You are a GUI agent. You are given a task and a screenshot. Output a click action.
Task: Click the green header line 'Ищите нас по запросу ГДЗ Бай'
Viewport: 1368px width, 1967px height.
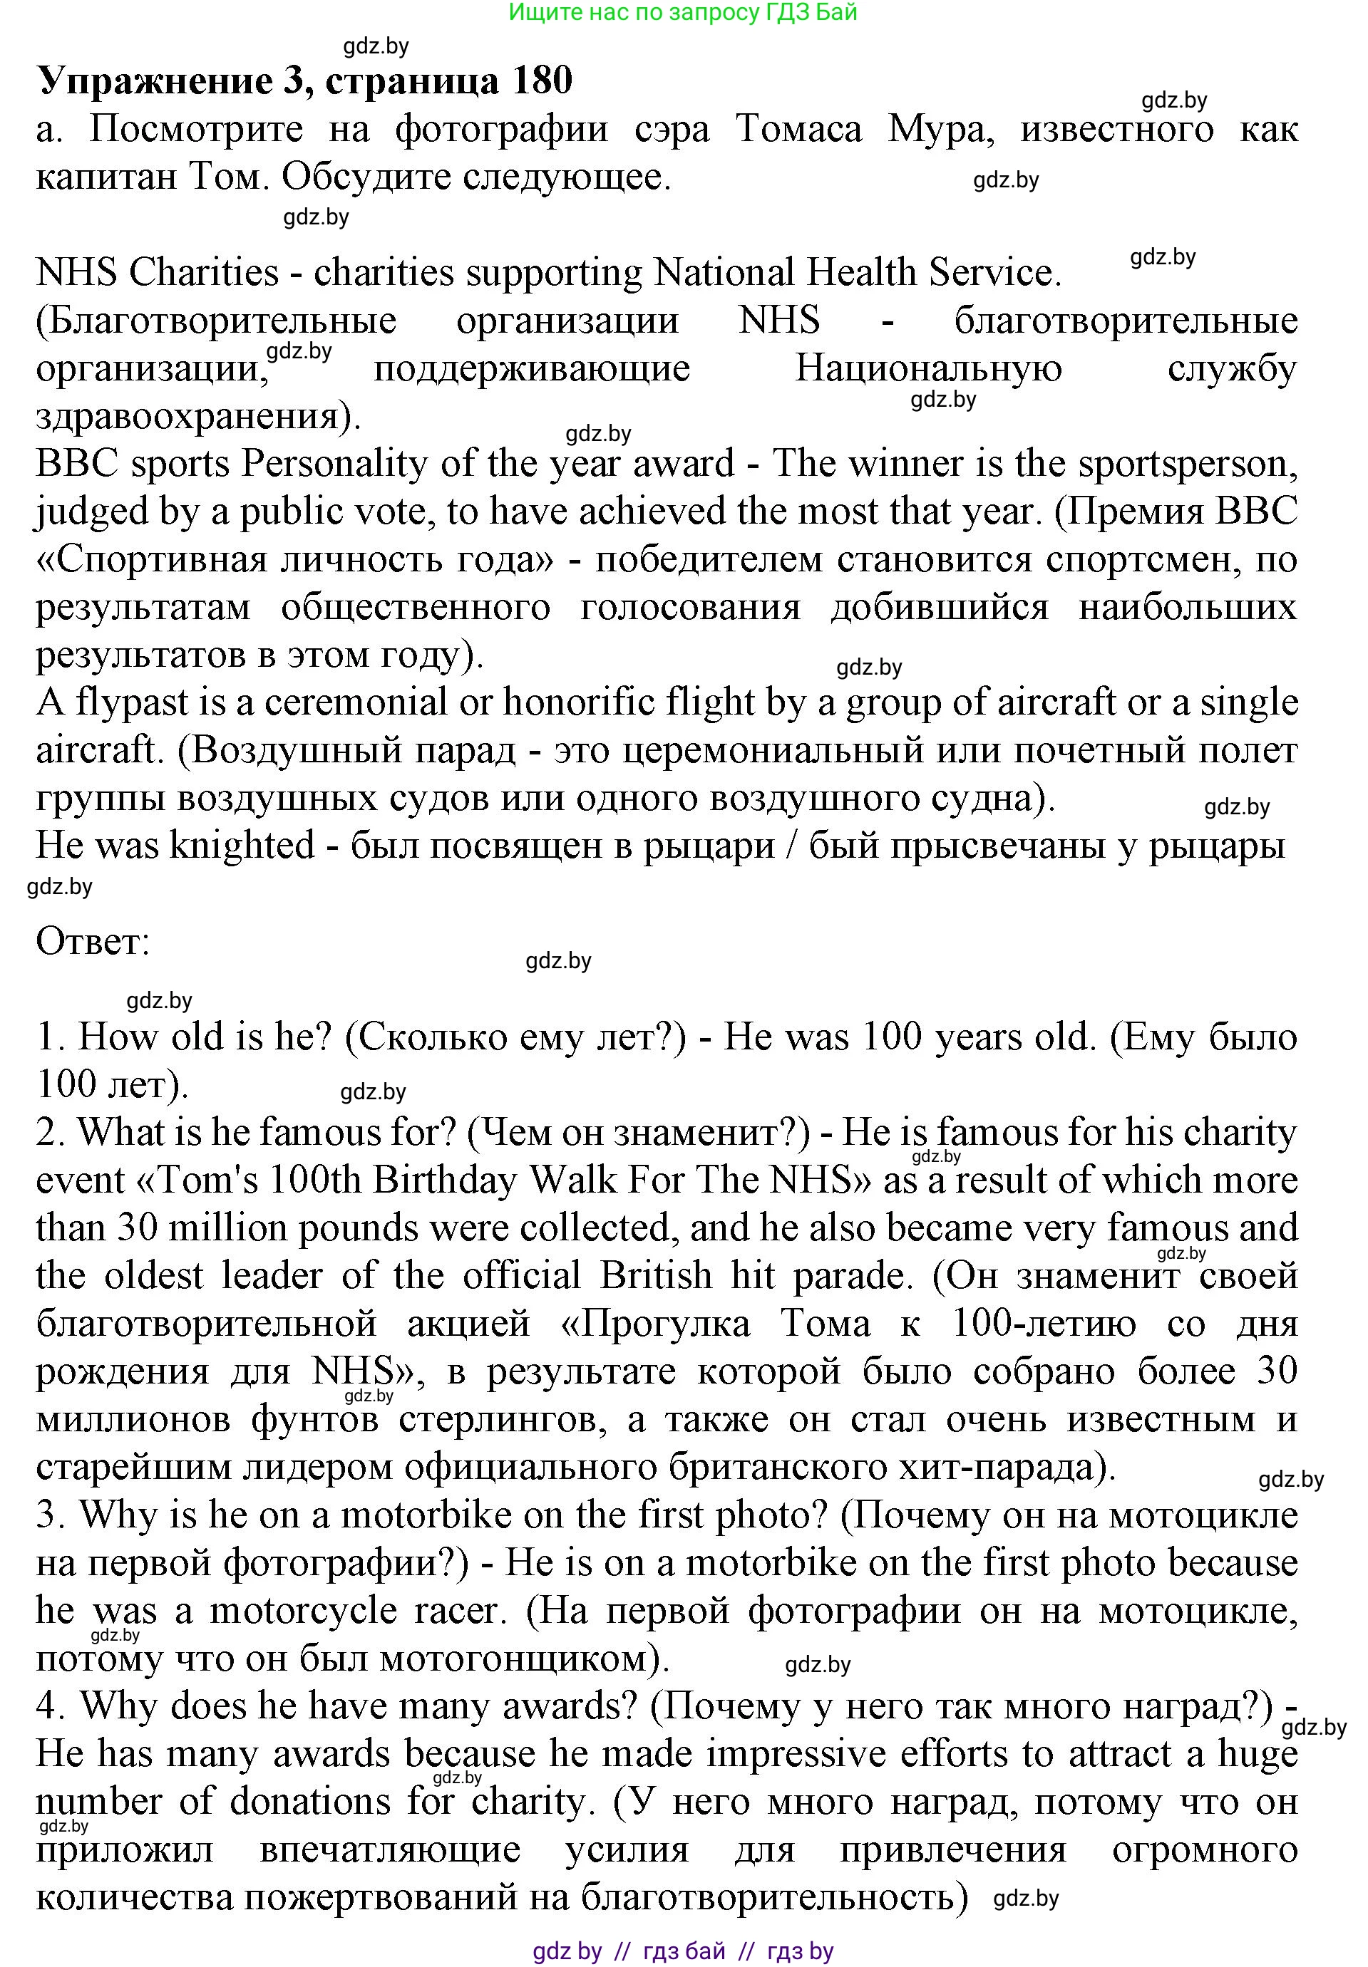click(682, 12)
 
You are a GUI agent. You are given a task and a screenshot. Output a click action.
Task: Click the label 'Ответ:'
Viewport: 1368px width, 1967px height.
click(93, 943)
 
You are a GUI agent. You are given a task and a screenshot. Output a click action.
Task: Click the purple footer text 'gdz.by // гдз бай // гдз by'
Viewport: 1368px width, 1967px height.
click(682, 1951)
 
